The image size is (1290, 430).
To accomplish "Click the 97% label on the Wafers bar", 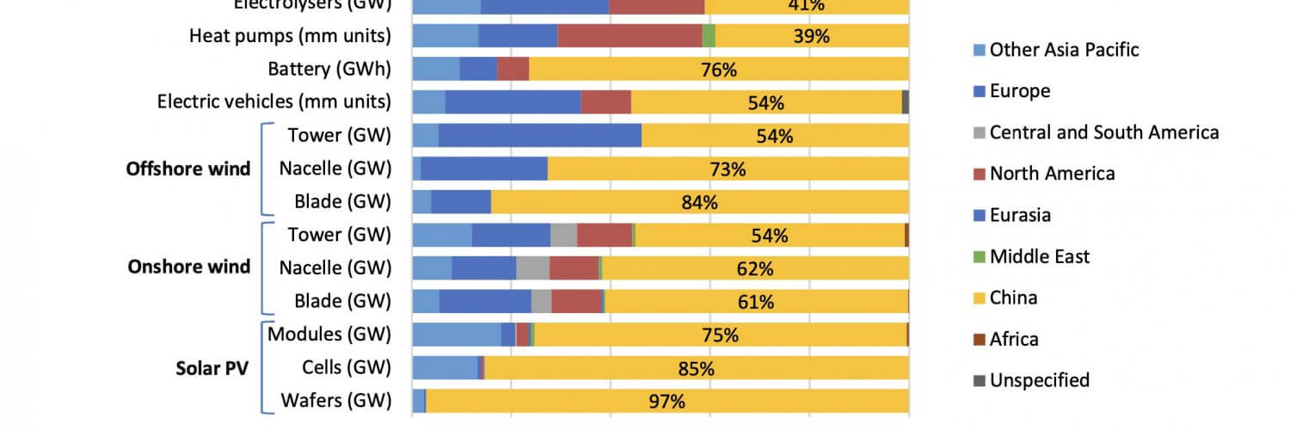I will [666, 401].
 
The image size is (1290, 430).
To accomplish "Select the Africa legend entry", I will [1014, 339].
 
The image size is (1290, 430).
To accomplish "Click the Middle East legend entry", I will [1039, 256].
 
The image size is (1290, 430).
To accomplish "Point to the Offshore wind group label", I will [188, 169].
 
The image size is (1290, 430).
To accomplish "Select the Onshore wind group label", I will [188, 267].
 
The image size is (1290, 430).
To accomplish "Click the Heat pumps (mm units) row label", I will [290, 36].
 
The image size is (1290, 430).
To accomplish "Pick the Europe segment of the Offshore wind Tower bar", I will [540, 136].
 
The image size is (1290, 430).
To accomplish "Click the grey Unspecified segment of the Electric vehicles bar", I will [906, 102].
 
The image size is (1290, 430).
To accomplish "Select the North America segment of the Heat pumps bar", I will [630, 36].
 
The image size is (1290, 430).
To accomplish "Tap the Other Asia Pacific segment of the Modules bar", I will [457, 335].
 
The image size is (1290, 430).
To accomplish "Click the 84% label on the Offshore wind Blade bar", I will [699, 203].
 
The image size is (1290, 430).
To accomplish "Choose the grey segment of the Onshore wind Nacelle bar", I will [532, 268].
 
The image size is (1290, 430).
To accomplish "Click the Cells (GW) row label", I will [347, 368].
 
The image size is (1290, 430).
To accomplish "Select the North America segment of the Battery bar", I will [513, 70].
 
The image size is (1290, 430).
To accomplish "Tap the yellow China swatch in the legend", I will [978, 298].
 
